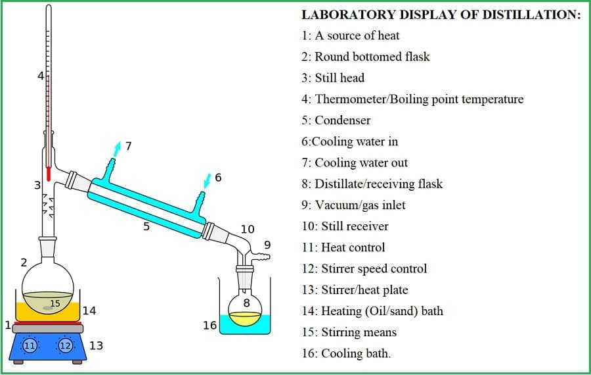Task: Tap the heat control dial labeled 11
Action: pyautogui.click(x=30, y=345)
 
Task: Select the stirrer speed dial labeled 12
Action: pyautogui.click(x=66, y=345)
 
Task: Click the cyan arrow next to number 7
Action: pyautogui.click(x=117, y=149)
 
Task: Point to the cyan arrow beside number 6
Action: pyautogui.click(x=208, y=179)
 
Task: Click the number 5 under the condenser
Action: pyautogui.click(x=146, y=226)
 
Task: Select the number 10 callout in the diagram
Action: pyautogui.click(x=248, y=229)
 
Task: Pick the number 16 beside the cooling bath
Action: pyautogui.click(x=209, y=325)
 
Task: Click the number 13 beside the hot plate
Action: pyautogui.click(x=96, y=345)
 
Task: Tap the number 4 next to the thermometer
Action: pyautogui.click(x=40, y=76)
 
